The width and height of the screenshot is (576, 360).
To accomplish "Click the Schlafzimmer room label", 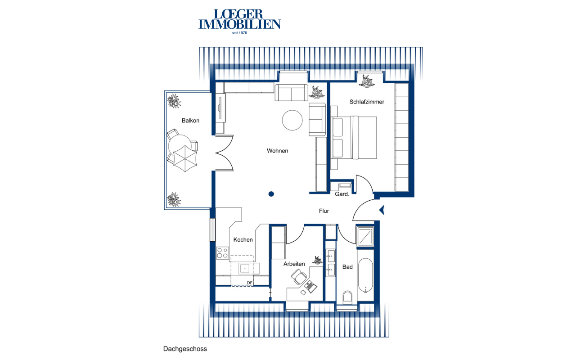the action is (367, 102).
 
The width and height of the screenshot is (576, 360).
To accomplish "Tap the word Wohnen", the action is (278, 151).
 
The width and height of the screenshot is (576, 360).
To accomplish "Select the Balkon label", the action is (190, 121).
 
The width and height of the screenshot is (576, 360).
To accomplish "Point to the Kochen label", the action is (243, 240).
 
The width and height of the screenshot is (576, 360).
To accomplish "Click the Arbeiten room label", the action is (294, 264).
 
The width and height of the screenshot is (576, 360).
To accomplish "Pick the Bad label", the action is (347, 267).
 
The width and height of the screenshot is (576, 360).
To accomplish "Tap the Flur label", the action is (324, 211).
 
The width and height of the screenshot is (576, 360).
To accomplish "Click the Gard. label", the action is (342, 194).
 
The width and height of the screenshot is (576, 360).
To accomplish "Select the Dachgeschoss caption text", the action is (185, 349).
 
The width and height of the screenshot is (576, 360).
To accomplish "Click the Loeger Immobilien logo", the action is (239, 22).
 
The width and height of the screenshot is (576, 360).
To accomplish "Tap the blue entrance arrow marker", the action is (382, 210).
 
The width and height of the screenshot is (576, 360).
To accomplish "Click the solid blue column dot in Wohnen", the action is (271, 194).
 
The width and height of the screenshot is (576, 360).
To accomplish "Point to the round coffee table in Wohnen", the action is (292, 120).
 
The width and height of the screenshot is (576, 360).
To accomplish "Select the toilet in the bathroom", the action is (347, 298).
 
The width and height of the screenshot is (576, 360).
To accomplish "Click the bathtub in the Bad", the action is (365, 275).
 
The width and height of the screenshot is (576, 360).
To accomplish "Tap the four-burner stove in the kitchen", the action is (222, 253).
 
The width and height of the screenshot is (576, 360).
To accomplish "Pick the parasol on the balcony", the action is (185, 159).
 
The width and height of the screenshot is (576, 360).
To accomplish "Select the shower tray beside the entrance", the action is (365, 236).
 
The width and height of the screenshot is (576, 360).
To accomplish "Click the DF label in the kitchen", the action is (249, 283).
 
